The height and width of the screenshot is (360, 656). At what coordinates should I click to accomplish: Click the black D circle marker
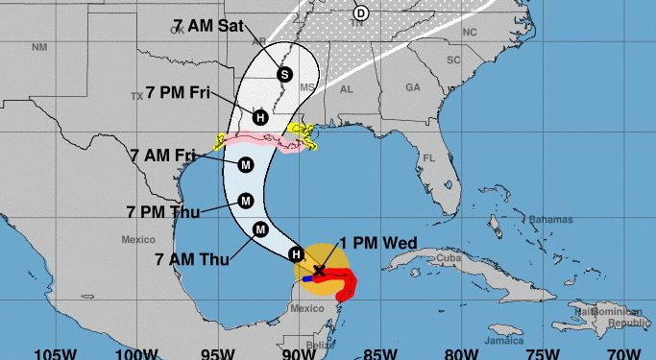click(x=360, y=12)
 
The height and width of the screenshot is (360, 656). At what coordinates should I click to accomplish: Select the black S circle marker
click(x=284, y=74)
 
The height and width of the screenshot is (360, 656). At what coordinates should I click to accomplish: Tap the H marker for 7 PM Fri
click(x=259, y=117)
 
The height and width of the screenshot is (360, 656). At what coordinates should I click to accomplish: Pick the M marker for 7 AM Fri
click(x=246, y=165)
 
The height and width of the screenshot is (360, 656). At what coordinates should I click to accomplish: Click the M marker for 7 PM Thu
click(x=246, y=201)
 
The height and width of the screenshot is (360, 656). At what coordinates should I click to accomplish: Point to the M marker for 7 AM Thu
click(x=260, y=228)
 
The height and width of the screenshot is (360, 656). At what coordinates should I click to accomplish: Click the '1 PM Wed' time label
click(x=377, y=244)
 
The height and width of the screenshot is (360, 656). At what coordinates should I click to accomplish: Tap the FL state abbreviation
click(x=429, y=157)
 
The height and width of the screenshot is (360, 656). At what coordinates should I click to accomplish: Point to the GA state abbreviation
click(x=413, y=86)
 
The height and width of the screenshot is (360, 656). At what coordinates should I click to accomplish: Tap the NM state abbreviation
click(x=38, y=46)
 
